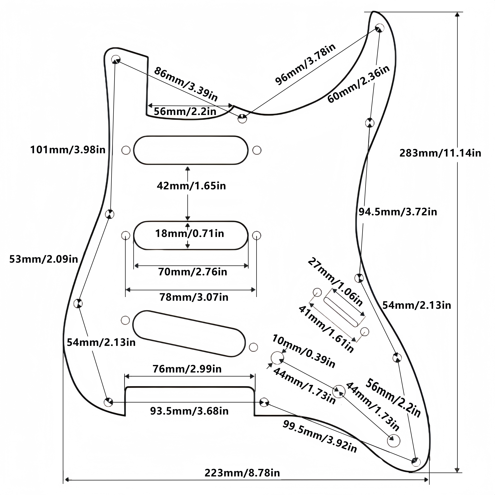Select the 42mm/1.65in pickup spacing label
[x=191, y=186]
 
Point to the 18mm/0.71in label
[x=190, y=233]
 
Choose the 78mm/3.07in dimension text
[x=194, y=297]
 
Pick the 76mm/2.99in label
[x=187, y=369]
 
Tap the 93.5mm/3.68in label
[x=189, y=411]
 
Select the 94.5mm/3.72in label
[x=398, y=212]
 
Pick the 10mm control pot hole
[x=277, y=358]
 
